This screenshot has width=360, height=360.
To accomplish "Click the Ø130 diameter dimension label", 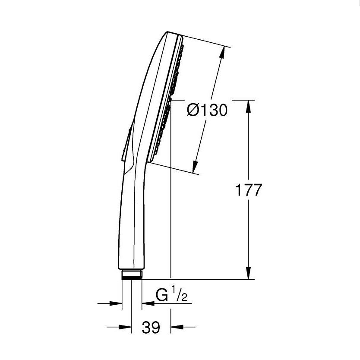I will click(x=207, y=111).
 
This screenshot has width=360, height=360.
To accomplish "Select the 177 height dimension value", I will click(x=248, y=190).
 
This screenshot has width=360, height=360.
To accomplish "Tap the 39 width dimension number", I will click(x=151, y=328).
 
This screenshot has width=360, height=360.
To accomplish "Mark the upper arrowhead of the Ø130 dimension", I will click(x=222, y=52).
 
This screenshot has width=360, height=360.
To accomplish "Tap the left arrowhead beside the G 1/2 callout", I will click(x=117, y=303).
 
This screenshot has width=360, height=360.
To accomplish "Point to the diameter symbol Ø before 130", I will click(x=193, y=111).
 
